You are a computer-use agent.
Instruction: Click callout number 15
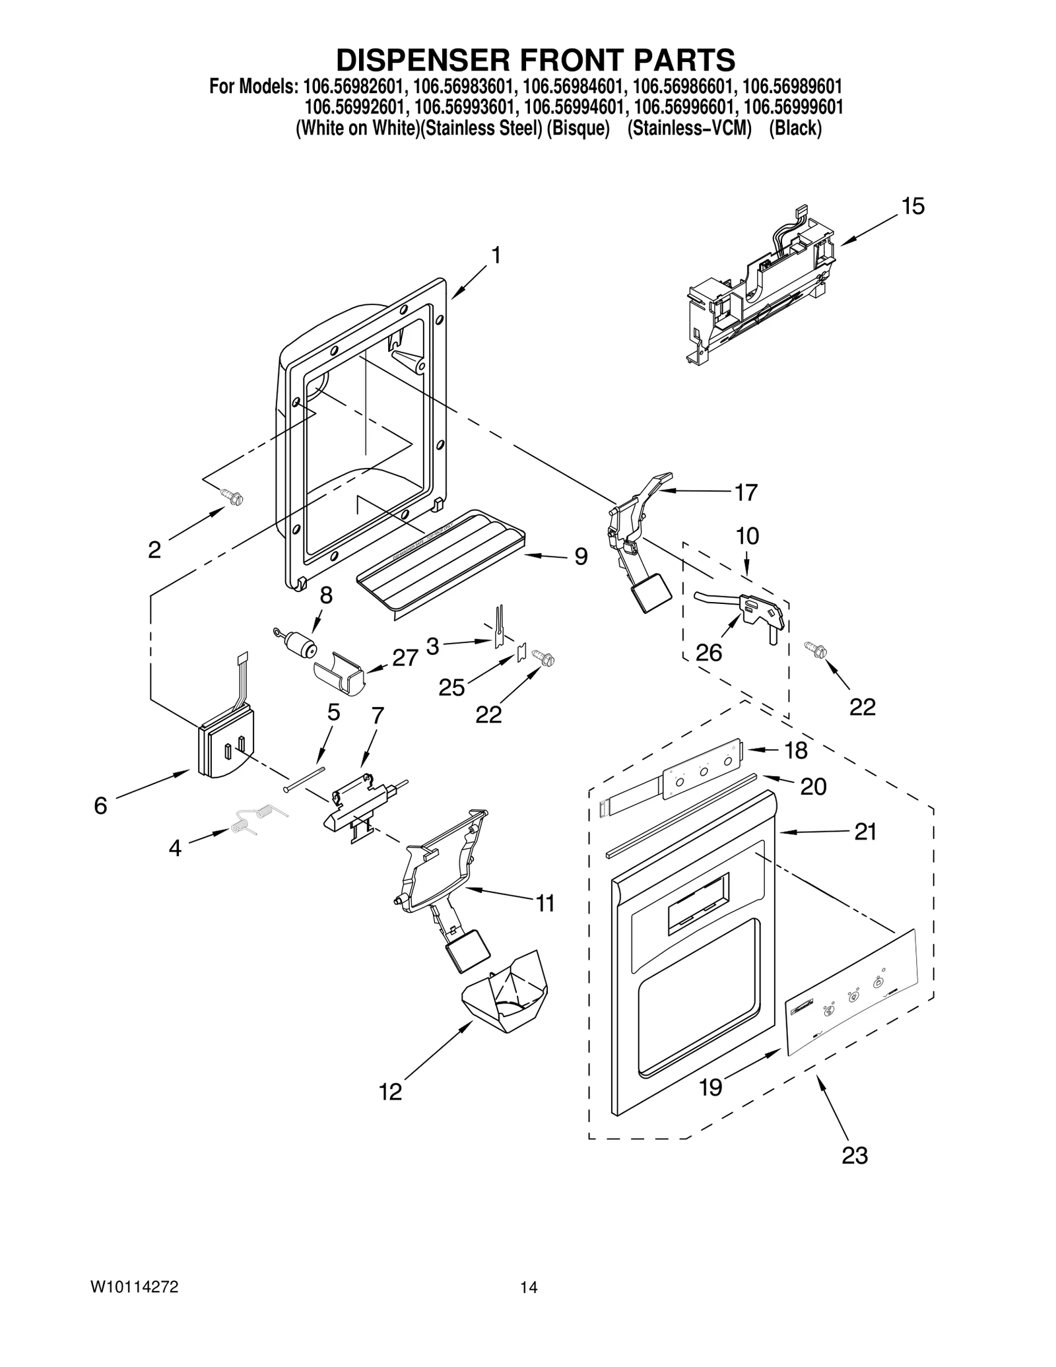point(913,207)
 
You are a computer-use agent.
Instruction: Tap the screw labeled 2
point(232,496)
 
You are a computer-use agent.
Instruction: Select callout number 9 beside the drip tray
point(581,556)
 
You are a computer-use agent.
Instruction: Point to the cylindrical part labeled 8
point(298,642)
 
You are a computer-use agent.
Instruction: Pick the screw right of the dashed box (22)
point(816,650)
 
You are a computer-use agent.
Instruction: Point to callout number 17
point(746,492)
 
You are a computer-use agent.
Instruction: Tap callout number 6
point(100,805)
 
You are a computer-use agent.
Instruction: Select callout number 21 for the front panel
point(865,832)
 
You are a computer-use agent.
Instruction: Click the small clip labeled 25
point(521,652)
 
